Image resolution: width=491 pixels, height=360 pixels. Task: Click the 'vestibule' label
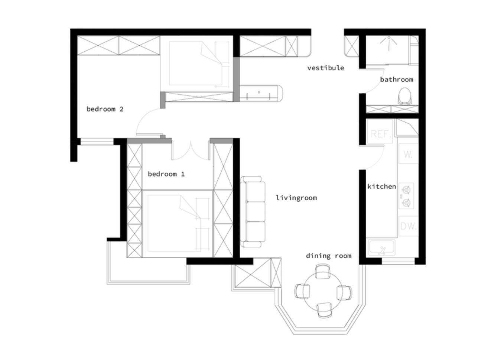coord(325,68)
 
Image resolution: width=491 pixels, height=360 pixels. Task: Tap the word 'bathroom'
coord(397,80)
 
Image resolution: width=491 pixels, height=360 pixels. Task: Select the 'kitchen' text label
coord(382,187)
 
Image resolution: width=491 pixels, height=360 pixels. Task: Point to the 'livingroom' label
coord(296,198)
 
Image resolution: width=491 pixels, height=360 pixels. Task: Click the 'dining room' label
coord(329,256)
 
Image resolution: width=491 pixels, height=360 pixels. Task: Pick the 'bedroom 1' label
coord(166,174)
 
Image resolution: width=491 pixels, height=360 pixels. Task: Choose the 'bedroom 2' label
coord(105,109)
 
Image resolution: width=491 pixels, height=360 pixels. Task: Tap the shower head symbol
coord(388,42)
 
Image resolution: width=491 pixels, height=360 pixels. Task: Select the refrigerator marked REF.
coord(380,132)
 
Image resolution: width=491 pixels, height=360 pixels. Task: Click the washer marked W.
coord(408,154)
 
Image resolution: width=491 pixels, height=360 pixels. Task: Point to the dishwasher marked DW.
coord(408,226)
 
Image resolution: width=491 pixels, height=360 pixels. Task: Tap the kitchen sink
coord(382,247)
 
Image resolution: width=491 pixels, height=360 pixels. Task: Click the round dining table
coord(322,291)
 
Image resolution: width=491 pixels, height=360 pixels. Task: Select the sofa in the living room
coord(253,212)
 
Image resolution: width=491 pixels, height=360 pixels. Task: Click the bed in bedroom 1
coord(178,224)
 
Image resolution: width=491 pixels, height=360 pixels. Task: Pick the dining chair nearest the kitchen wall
coord(344,292)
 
